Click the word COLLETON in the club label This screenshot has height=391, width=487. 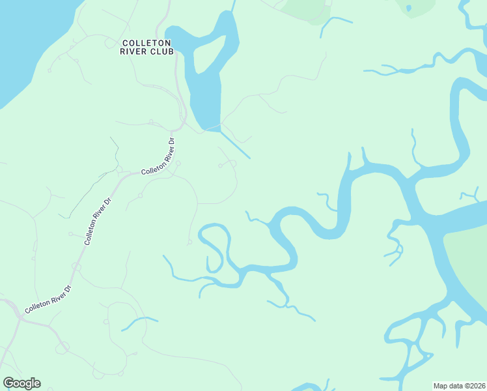[148, 43]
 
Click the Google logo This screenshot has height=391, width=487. [21, 383]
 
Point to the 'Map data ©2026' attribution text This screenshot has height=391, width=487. [459, 385]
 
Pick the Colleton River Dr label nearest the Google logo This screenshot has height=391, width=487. [47, 299]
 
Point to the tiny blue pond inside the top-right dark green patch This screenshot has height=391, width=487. [408, 8]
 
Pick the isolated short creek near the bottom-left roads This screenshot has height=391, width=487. [139, 321]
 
